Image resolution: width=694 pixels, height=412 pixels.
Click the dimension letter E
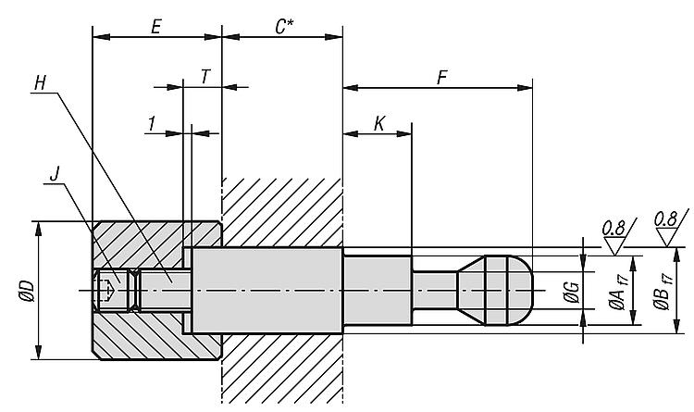tap(156, 27)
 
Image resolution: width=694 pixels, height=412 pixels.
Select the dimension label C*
tap(285, 27)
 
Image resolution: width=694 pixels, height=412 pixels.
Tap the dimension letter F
tap(441, 78)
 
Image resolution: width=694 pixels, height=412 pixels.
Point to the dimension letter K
tap(379, 123)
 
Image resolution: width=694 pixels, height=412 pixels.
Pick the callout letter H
tap(39, 82)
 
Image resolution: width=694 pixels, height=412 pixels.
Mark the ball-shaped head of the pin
tap(501, 289)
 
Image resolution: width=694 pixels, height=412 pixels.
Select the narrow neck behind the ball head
tap(434, 289)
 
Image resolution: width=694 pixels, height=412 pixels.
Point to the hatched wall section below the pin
tap(282, 370)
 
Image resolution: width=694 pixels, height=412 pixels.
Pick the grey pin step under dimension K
tap(377, 289)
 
